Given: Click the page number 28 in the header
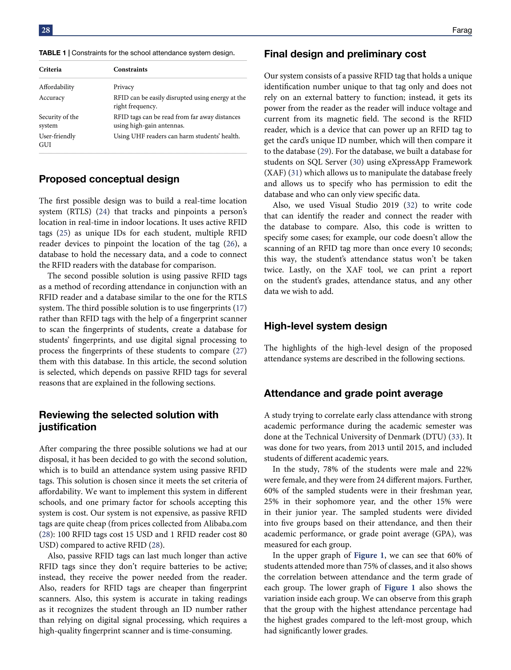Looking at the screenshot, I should click(46, 30).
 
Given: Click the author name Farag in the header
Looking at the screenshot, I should click(462, 30).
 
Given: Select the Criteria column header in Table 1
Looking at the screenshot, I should click(50, 69).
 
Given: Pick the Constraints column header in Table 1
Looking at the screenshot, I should click(130, 69).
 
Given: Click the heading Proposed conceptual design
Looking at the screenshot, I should click(109, 179).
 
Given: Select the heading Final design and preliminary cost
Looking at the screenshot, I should click(345, 54).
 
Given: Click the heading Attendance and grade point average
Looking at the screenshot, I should click(353, 393).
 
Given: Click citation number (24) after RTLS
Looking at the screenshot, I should click(103, 212).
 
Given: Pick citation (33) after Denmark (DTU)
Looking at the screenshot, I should click(455, 437).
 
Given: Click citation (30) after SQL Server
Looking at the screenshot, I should click(357, 162).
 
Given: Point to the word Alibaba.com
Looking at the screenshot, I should click(225, 524).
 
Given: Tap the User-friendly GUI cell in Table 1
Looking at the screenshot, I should click(57, 140).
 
